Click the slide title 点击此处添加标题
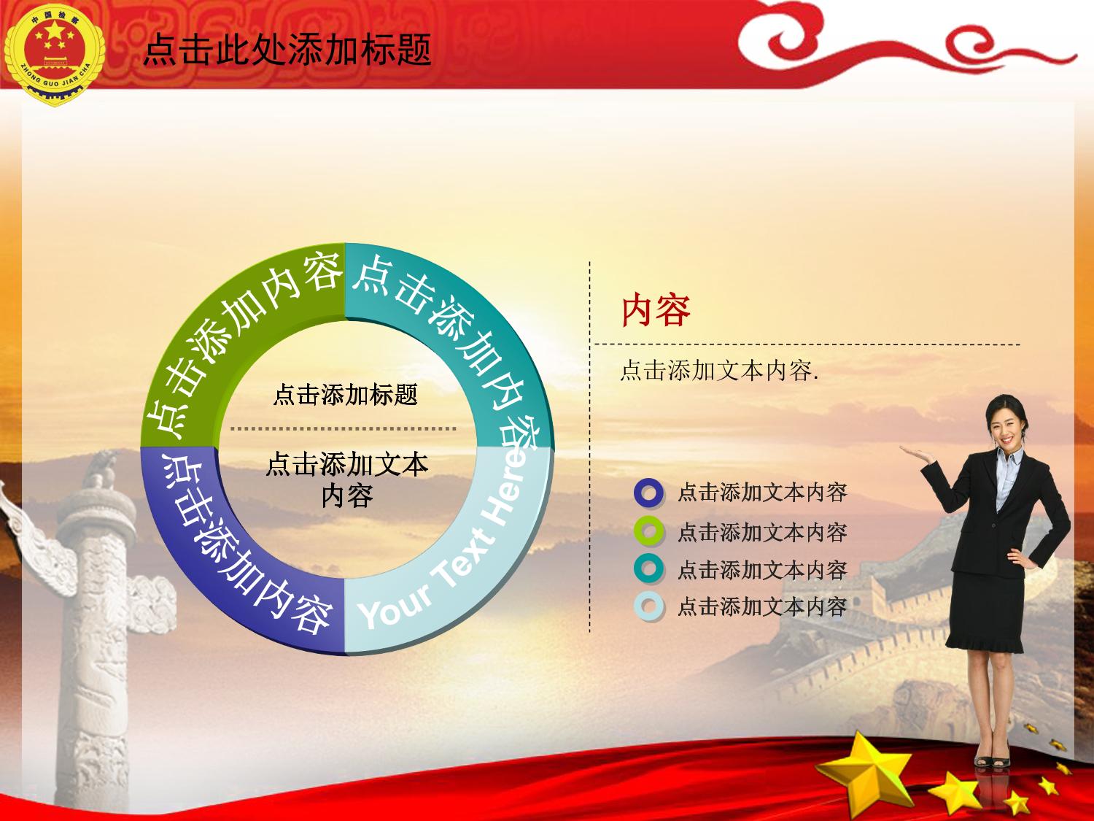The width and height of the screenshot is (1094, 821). [287, 50]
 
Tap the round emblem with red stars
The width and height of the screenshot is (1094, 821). [54, 54]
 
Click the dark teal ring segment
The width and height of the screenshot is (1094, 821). [464, 329]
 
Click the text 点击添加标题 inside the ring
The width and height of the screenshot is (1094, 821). [346, 395]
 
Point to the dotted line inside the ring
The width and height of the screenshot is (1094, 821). [344, 428]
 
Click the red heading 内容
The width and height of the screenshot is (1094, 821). [656, 310]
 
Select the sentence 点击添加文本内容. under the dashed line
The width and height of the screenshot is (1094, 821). [718, 371]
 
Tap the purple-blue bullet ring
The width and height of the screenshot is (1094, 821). [649, 493]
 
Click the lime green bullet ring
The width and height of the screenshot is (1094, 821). [649, 531]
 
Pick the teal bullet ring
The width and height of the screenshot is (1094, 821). [649, 569]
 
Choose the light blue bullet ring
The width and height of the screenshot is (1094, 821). [649, 606]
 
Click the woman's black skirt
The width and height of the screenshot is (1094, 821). [983, 613]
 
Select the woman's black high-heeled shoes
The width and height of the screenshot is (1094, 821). [991, 760]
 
